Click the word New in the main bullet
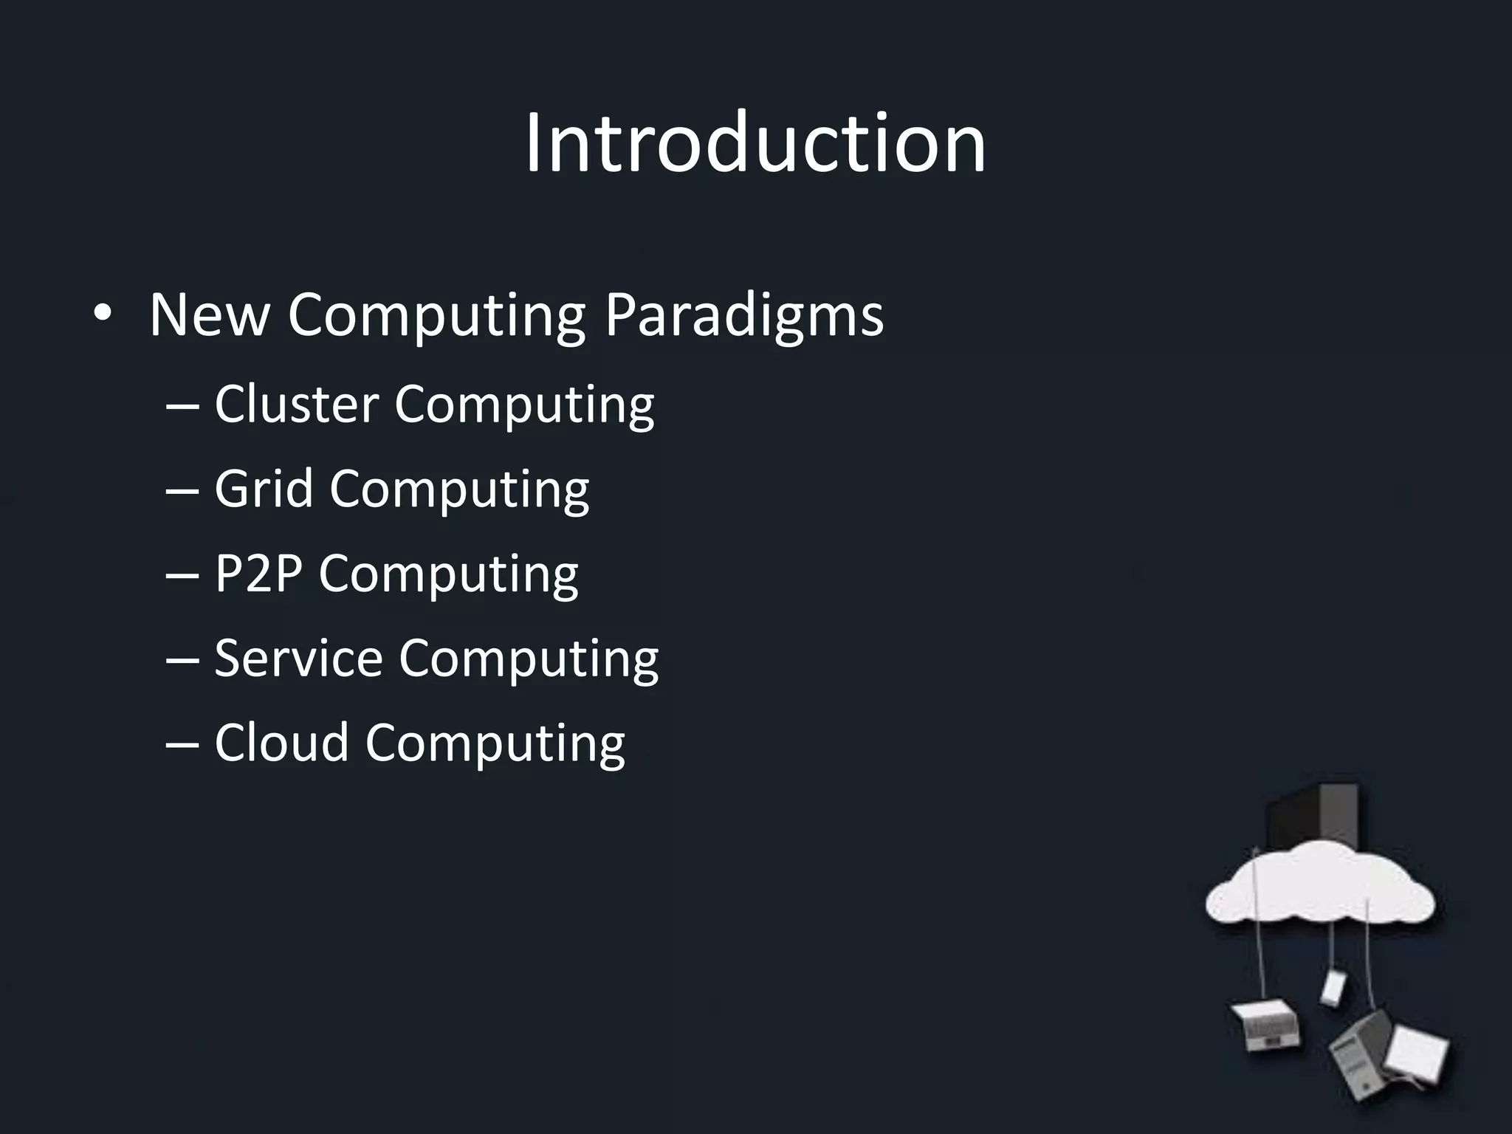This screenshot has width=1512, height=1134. pos(209,315)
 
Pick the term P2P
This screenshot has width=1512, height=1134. pos(258,574)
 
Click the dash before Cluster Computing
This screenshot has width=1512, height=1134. pos(182,405)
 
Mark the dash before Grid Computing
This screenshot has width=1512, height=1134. pos(182,490)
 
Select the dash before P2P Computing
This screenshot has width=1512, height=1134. pos(182,575)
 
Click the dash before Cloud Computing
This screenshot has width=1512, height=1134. pos(182,743)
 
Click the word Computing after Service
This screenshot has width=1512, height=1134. pos(529,659)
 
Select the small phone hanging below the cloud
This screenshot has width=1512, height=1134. pos(1333,987)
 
